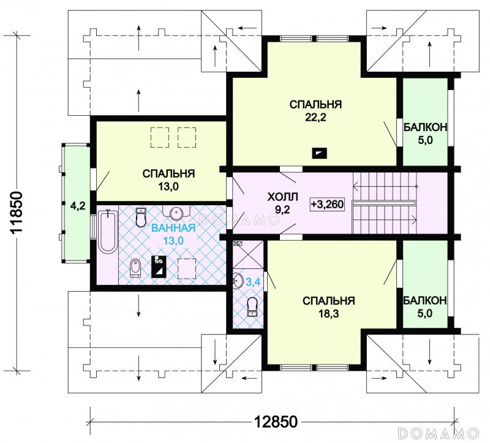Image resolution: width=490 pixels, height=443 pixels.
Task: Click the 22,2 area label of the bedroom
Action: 315,117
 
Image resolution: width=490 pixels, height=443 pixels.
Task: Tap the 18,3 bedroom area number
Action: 328,314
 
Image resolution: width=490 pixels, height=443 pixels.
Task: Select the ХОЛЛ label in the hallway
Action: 282,197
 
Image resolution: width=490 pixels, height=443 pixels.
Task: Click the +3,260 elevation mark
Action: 327,204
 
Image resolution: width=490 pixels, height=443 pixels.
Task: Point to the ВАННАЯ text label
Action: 173,228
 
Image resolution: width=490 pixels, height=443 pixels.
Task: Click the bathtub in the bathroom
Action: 108,232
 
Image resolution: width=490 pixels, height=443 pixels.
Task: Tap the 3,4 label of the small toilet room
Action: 253,282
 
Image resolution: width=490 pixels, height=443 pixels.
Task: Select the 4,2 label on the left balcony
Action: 78,206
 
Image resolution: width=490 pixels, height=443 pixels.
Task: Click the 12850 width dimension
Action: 276,422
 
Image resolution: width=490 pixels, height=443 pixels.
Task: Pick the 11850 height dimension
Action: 17,211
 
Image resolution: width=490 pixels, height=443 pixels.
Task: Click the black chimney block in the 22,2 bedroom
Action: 319,153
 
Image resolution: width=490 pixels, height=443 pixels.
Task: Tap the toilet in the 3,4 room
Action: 252,307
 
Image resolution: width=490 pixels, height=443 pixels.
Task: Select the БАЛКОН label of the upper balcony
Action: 425,127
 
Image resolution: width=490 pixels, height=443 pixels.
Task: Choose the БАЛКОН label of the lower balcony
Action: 425,300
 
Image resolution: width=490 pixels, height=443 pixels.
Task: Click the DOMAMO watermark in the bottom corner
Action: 439,433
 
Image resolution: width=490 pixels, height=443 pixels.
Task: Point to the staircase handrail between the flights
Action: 384,203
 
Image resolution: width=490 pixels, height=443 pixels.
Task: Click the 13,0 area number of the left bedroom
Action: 168,187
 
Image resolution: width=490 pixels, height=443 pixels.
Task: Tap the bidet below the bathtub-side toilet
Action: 135,268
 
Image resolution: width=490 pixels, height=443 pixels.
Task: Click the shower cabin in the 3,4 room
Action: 248,254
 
